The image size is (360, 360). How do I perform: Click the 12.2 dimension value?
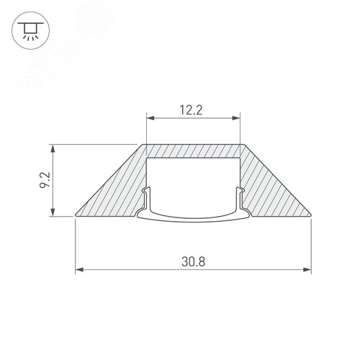192,112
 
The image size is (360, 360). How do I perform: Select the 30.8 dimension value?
193,264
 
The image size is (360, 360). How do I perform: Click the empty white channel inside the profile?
193,184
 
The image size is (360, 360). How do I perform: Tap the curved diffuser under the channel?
193,219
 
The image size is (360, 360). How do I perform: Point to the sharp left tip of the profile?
76,214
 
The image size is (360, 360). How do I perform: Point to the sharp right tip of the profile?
310,214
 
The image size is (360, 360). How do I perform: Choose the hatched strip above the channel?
193,150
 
